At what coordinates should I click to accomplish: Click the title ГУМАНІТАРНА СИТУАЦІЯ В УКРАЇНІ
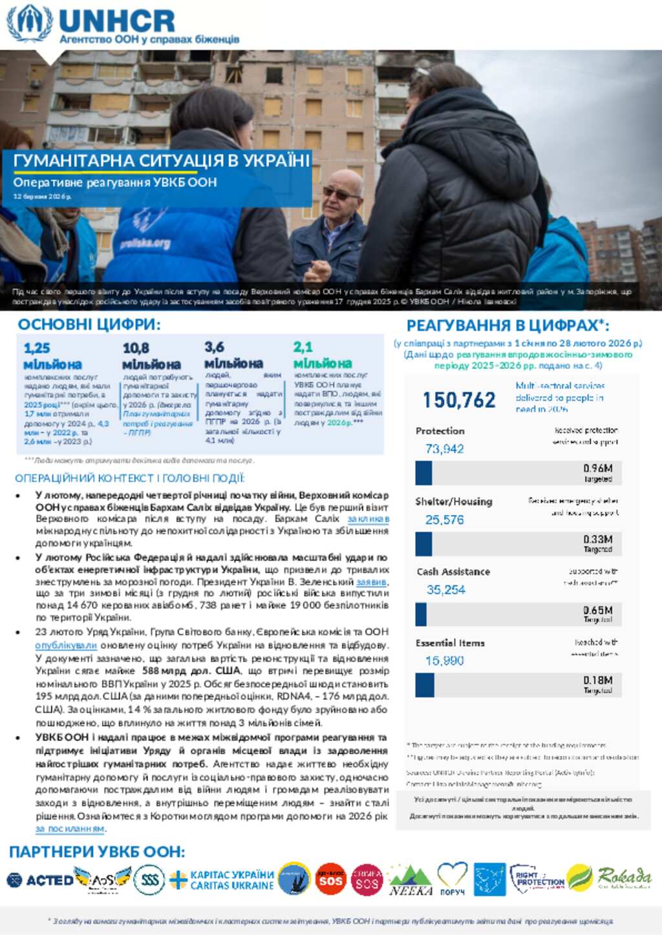[x=162, y=161]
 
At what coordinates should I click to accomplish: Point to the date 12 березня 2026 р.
[x=42, y=196]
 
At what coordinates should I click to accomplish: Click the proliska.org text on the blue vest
[x=145, y=244]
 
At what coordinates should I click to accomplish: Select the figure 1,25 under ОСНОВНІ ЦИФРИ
[x=37, y=348]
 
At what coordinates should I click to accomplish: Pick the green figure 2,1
[x=303, y=347]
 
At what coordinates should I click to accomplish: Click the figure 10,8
[x=136, y=348]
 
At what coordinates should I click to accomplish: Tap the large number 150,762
[x=459, y=401]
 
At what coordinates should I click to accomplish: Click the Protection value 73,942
[x=444, y=448]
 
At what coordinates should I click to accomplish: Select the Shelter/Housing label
[x=453, y=501]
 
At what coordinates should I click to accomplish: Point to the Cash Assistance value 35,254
[x=445, y=589]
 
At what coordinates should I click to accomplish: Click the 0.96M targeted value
[x=597, y=468]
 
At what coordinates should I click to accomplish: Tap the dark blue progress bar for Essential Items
[x=425, y=686]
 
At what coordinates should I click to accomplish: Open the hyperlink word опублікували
[x=66, y=645]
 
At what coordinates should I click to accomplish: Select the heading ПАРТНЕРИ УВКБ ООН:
[x=97, y=852]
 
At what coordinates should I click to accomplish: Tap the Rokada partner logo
[x=624, y=877]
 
